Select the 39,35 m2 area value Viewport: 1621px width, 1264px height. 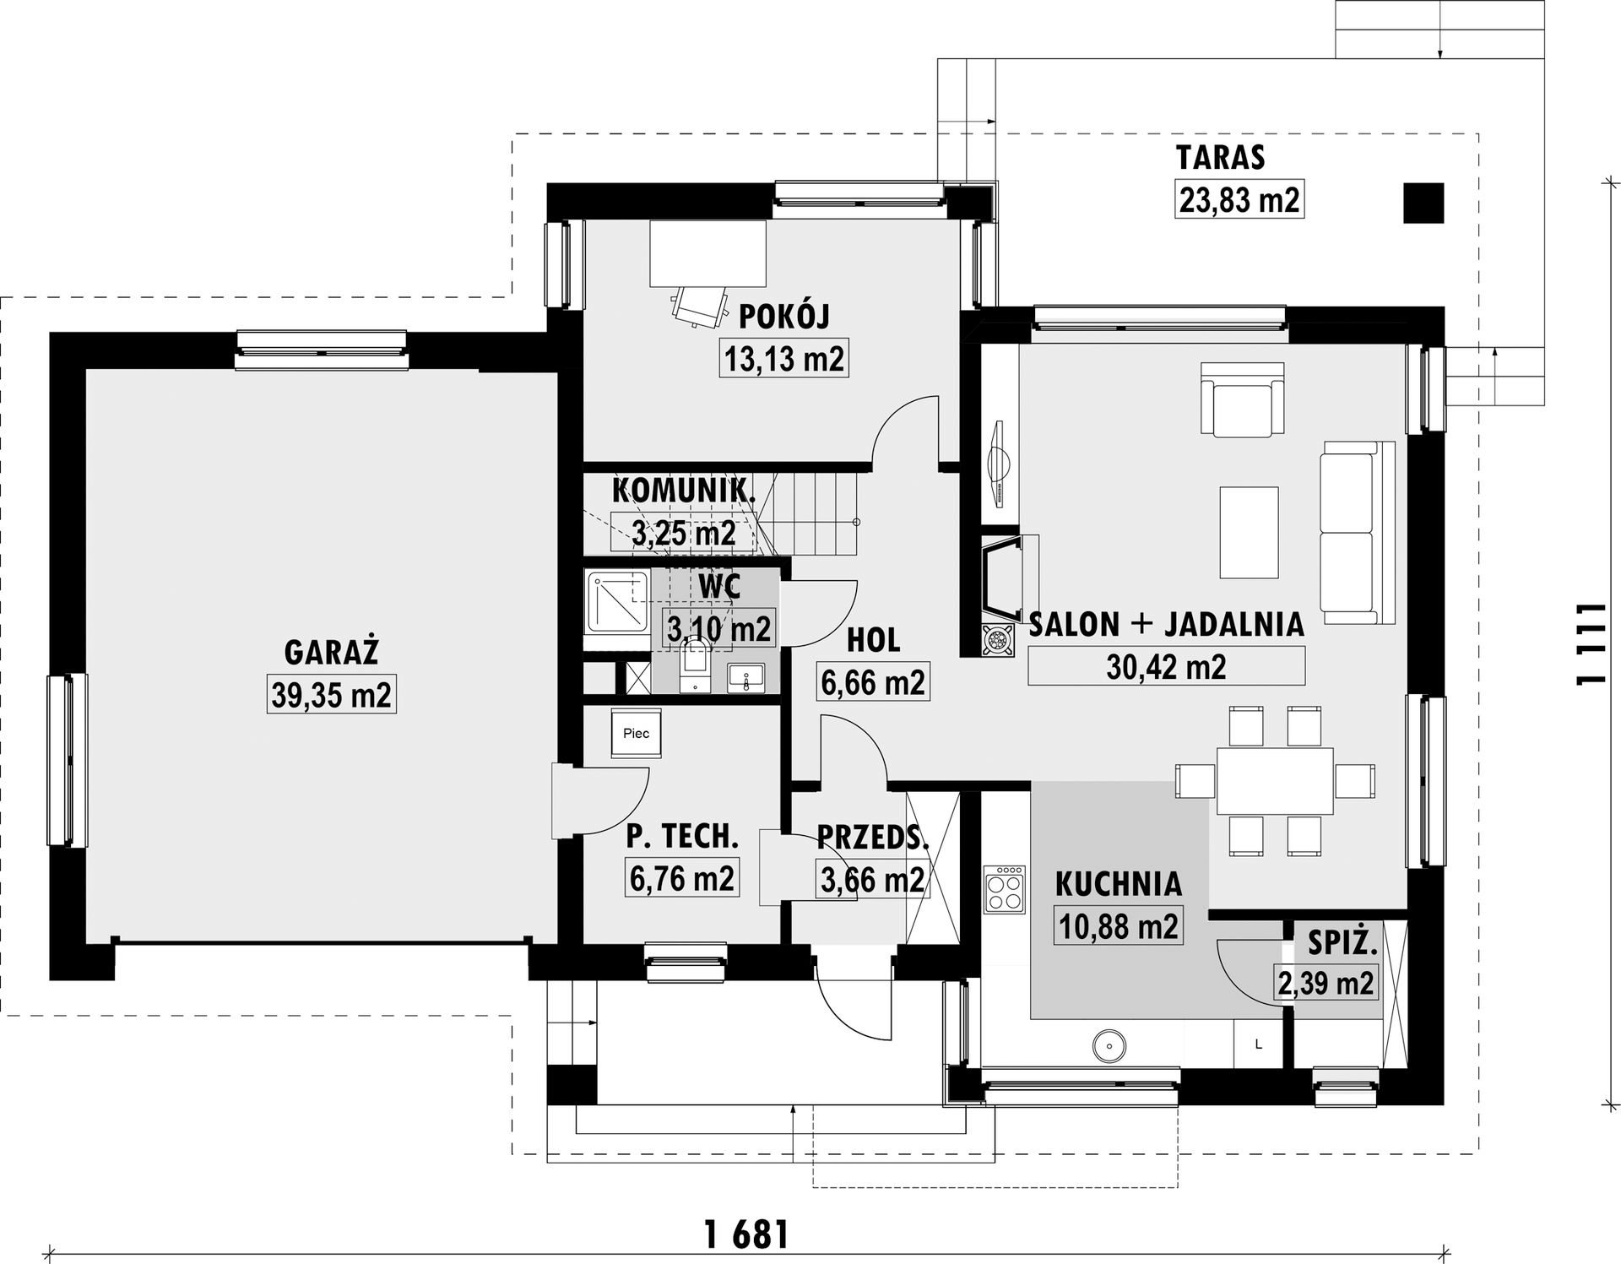[332, 695]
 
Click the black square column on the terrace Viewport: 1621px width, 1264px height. [1423, 203]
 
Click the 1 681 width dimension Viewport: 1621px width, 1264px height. [746, 1235]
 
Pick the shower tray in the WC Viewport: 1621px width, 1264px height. [617, 604]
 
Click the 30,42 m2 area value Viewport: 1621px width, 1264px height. [1166, 666]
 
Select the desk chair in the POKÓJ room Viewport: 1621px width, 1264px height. [700, 305]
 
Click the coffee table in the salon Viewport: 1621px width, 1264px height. [1249, 532]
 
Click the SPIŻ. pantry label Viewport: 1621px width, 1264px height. [1342, 942]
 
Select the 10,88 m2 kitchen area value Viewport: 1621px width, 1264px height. [1119, 926]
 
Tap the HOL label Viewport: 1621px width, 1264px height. [873, 640]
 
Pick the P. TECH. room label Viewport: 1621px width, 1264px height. [682, 836]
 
